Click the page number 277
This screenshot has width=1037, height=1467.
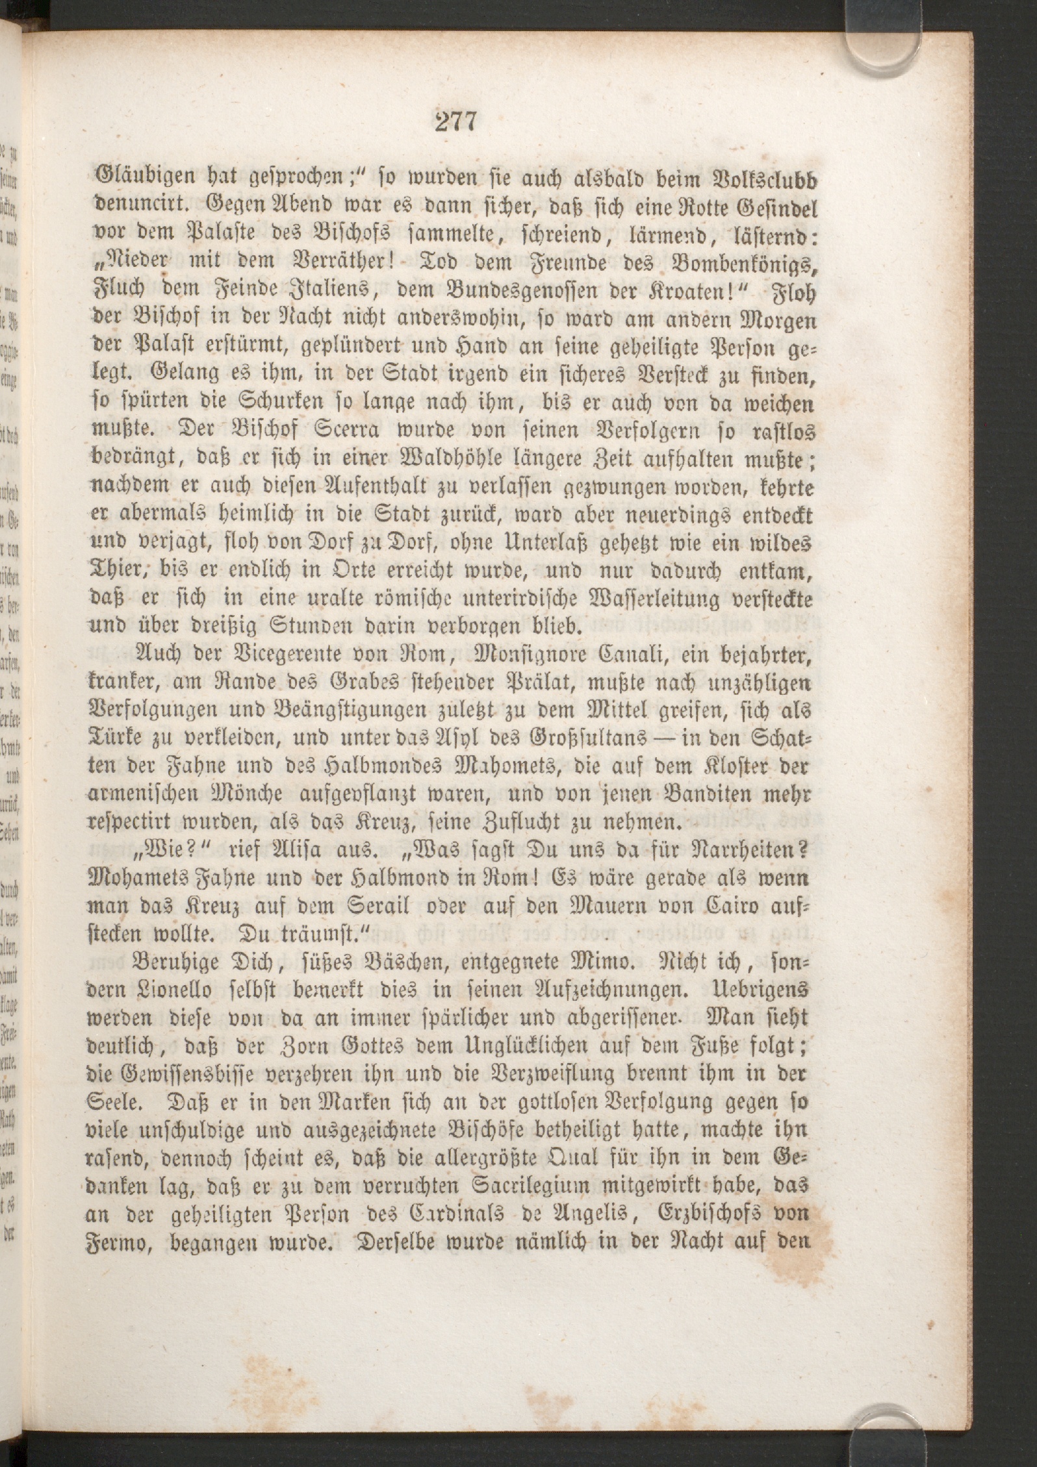pyautogui.click(x=456, y=122)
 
